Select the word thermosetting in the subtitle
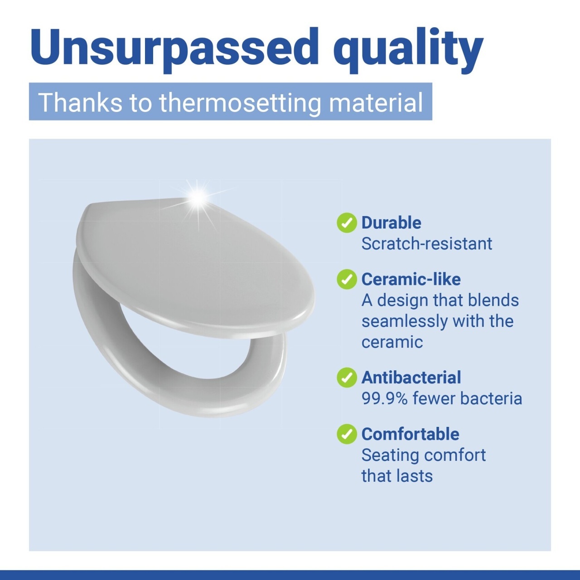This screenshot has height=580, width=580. tap(240, 103)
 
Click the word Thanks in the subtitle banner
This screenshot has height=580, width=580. tap(80, 102)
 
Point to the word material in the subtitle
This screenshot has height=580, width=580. tap(376, 102)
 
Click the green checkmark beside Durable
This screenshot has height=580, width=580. tap(347, 223)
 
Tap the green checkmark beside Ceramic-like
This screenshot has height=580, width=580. tap(347, 279)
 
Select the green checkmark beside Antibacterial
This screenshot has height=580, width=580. tap(347, 377)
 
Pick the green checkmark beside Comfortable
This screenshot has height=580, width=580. tap(347, 434)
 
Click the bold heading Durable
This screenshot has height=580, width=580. tap(391, 223)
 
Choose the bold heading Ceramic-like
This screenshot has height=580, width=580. tap(411, 279)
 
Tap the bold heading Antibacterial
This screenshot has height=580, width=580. tap(411, 377)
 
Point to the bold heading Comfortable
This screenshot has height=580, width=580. tap(410, 434)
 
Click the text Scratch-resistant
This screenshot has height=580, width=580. tap(427, 243)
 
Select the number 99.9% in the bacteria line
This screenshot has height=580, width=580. tap(385, 398)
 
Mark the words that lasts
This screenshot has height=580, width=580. tap(397, 476)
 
